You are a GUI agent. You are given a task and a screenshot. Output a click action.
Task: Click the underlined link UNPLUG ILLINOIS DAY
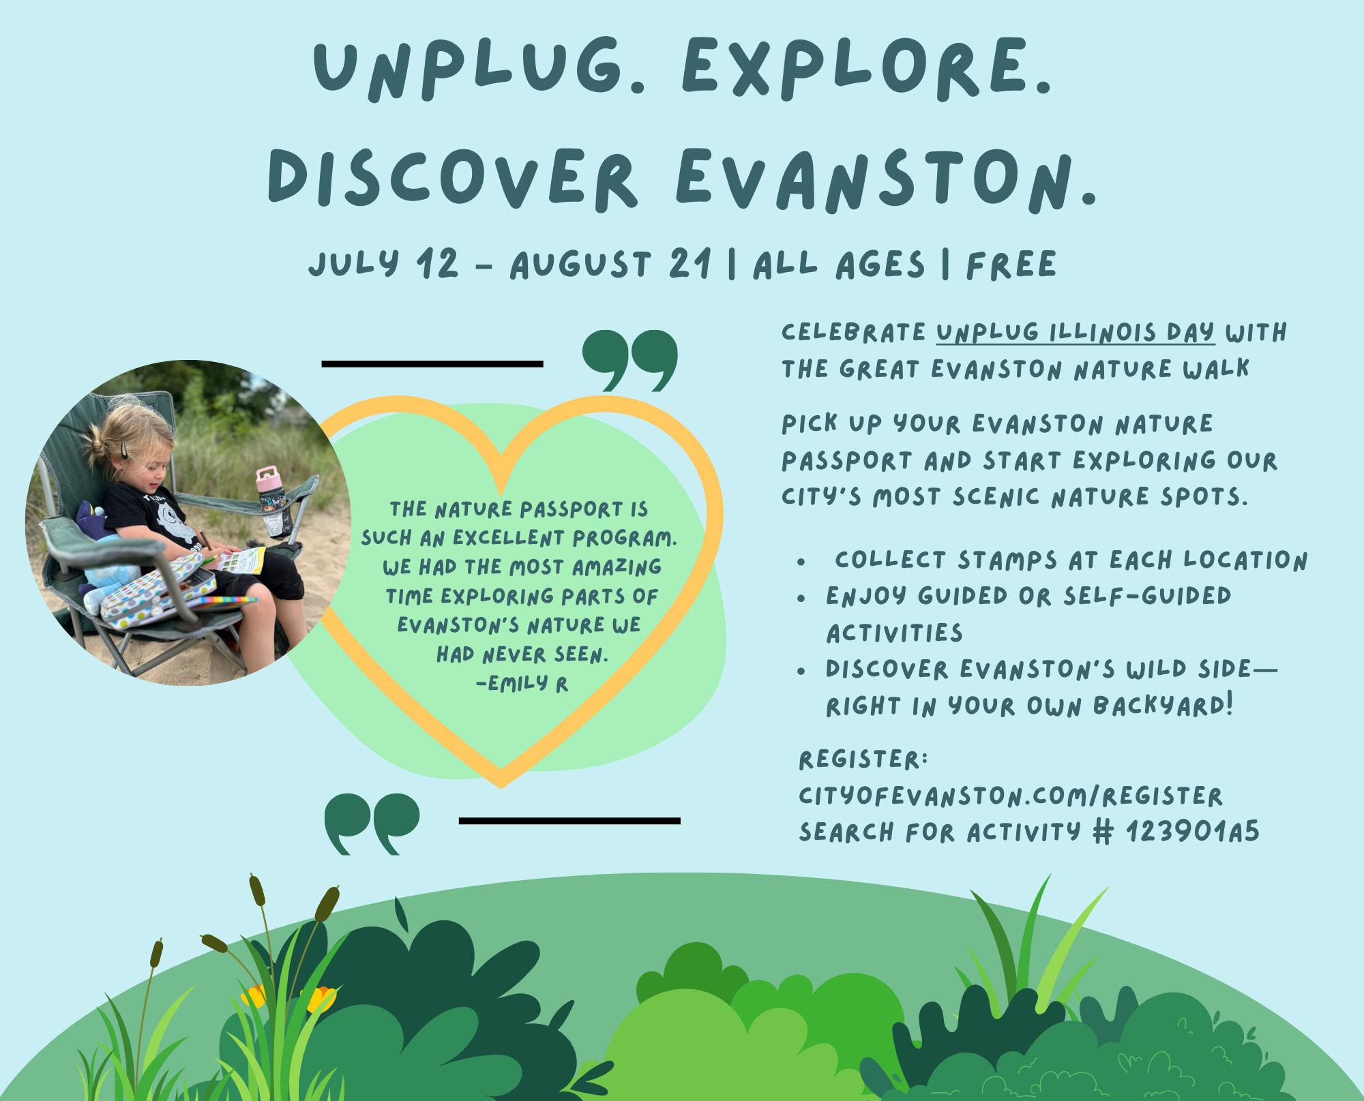click(x=1076, y=333)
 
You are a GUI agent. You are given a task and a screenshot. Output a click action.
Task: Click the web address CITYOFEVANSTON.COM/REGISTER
click(x=1011, y=796)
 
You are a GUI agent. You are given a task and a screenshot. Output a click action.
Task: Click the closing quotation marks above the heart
click(x=631, y=361)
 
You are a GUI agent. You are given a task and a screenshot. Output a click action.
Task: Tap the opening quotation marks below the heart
click(x=372, y=824)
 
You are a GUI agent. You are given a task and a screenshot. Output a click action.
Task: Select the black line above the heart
click(x=432, y=364)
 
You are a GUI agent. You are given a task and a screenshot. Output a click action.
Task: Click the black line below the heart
click(x=570, y=821)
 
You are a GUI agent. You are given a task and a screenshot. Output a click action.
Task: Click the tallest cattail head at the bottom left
click(x=256, y=888)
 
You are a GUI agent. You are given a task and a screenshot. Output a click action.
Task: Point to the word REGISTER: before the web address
click(x=863, y=759)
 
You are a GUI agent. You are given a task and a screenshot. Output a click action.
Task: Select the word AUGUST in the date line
click(x=578, y=265)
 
